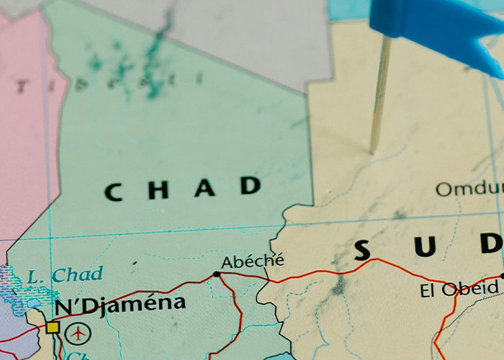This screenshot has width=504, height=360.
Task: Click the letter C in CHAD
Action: [113, 192]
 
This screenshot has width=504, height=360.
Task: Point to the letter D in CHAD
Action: [251, 186]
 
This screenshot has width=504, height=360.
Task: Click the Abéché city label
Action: [252, 261]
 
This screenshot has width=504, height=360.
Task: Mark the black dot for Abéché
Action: [217, 274]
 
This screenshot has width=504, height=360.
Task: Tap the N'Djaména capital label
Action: [120, 305]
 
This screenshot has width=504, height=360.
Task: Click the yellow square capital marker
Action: [52, 328]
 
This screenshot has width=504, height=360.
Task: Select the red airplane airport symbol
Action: [78, 333]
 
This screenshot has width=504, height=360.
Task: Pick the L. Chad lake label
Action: [65, 274]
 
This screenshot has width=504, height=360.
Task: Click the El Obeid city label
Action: [459, 289]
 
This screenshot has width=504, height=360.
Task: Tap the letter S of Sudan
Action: [362, 250]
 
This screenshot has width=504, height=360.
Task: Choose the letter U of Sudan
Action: [426, 247]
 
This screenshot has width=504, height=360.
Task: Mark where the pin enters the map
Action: [372, 150]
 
